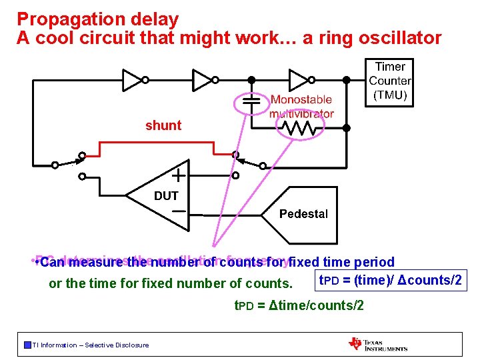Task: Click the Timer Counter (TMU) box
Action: pos(390,81)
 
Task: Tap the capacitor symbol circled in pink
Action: pos(251,101)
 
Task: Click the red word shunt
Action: pos(163,125)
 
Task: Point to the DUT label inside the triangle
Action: pos(166,196)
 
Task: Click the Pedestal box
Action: pos(303,214)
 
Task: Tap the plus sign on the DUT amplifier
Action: pos(179,176)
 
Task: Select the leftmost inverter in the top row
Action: pos(134,80)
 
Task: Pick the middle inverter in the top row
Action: pos(203,80)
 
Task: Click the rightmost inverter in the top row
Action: pos(299,80)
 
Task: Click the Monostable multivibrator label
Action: pos(301,107)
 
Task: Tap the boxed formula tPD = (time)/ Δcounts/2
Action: pos(391,280)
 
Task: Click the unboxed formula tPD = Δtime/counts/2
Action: pos(298,305)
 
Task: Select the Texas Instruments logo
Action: pos(377,344)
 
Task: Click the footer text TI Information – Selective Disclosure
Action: pos(91,345)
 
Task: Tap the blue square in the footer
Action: pos(27,345)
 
